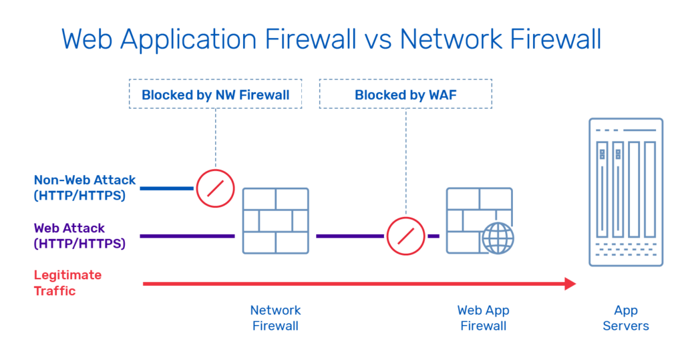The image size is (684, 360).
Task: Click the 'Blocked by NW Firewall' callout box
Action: point(215,94)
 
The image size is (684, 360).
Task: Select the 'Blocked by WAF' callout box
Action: point(405,94)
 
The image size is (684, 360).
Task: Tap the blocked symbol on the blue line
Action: point(215,188)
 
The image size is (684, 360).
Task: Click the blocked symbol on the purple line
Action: point(405,236)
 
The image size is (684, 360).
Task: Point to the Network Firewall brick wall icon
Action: point(275,220)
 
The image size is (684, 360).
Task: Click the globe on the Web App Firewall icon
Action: point(498,238)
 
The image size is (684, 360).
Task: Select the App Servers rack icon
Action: point(625,192)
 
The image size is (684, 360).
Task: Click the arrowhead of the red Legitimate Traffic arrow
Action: point(570,284)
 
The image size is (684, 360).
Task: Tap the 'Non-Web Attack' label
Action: point(85,180)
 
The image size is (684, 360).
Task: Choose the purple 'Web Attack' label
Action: point(69,228)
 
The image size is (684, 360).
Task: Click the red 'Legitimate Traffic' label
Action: point(67,283)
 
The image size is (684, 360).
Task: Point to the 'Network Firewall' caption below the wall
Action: point(275,318)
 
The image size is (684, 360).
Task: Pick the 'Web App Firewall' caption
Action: point(483,318)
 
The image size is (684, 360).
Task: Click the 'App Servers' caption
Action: point(626,318)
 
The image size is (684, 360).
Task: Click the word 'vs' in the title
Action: point(378,39)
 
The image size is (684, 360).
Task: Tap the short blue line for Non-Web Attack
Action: point(166,188)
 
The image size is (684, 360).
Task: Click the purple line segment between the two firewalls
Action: point(349,236)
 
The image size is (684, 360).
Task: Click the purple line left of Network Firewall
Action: point(187,236)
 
